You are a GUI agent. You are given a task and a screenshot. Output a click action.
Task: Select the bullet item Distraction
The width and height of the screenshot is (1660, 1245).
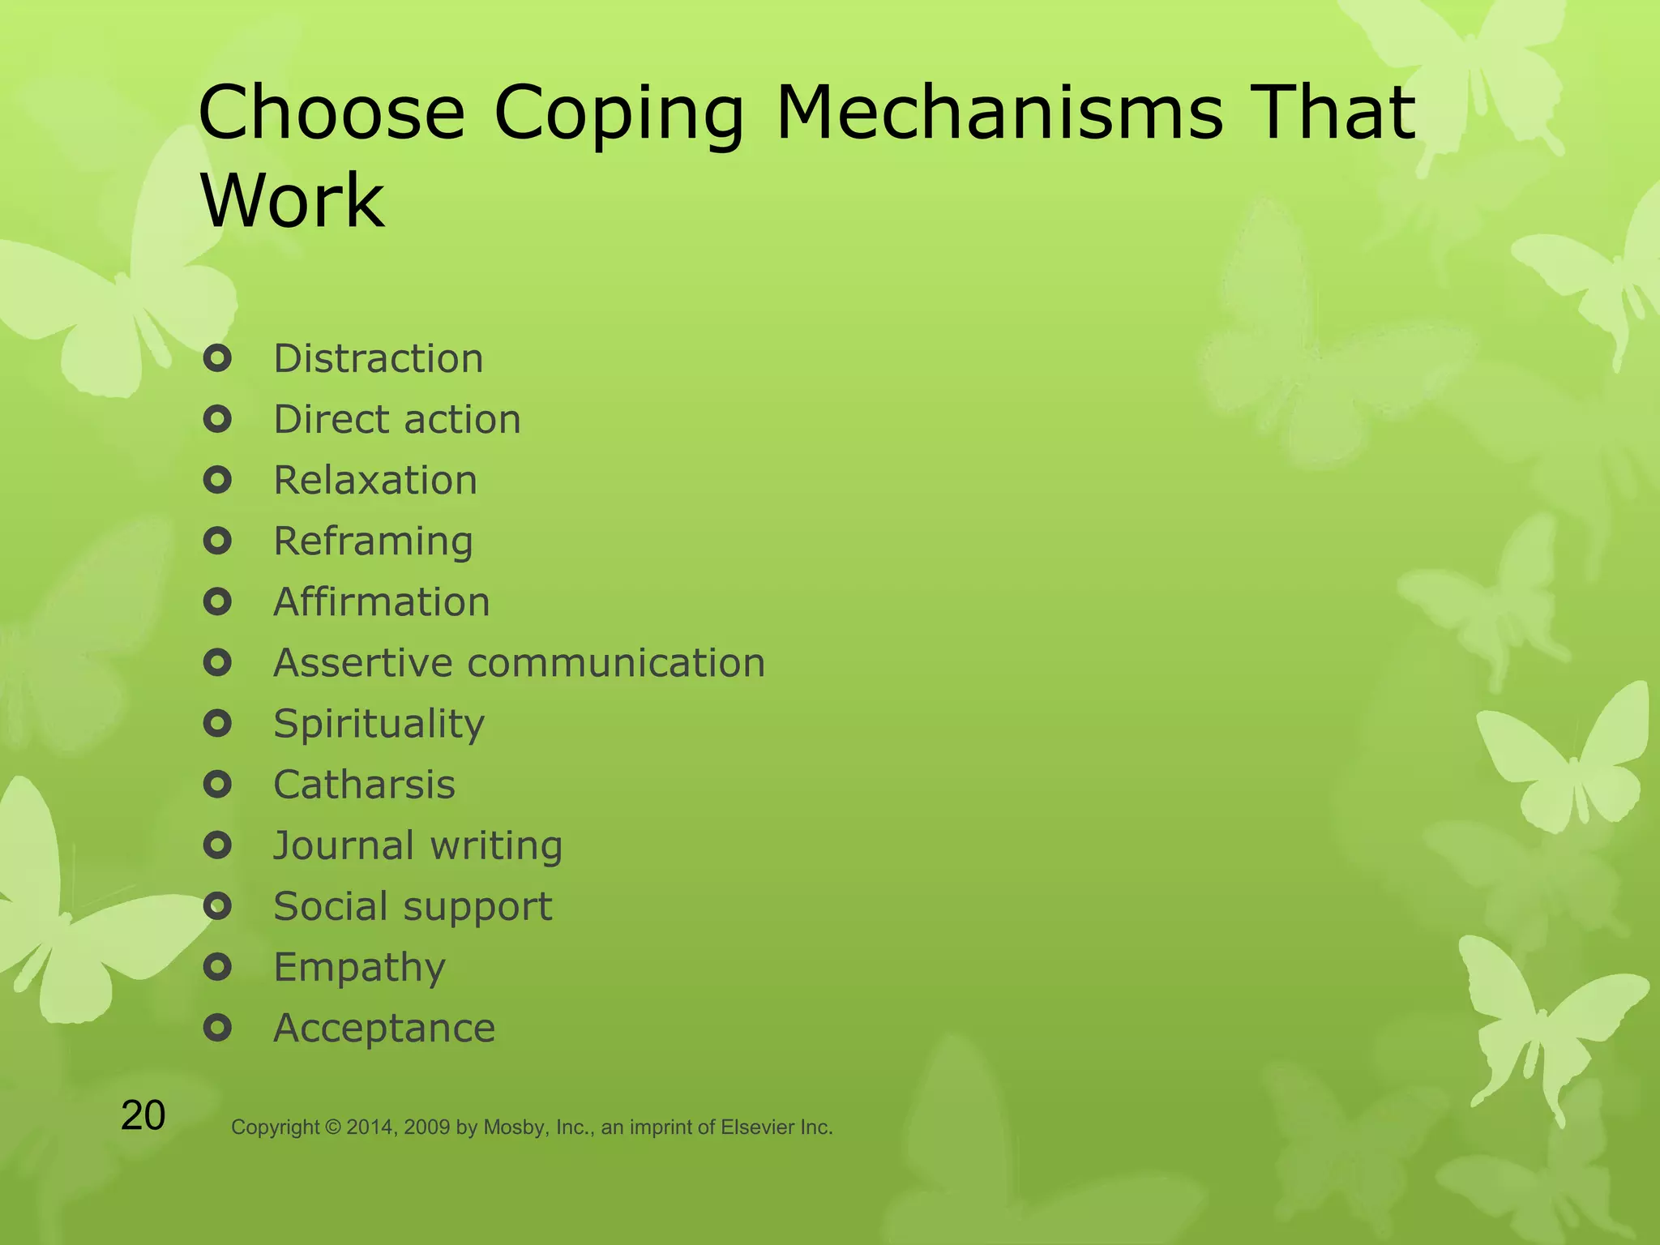click(379, 358)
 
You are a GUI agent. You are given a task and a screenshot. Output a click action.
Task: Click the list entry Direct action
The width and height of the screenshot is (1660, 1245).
click(397, 419)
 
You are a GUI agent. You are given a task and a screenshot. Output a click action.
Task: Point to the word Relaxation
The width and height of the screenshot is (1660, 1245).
click(375, 480)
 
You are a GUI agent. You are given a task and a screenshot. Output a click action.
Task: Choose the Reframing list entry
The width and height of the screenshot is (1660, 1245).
click(373, 541)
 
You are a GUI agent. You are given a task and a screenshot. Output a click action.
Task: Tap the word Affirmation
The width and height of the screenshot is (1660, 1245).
click(382, 602)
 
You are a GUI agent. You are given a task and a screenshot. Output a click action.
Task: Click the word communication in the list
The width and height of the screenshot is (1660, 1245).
click(616, 663)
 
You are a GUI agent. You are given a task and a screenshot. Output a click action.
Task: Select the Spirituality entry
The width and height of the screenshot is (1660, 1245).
click(379, 724)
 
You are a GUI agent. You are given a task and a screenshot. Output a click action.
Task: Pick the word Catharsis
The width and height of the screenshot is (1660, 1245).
click(365, 785)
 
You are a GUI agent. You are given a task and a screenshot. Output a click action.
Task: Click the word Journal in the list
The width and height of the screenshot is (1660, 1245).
click(344, 845)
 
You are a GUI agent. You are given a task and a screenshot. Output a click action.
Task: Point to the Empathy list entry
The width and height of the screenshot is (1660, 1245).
click(360, 968)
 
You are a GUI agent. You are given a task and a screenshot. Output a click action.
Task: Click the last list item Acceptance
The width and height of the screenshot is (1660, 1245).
click(384, 1029)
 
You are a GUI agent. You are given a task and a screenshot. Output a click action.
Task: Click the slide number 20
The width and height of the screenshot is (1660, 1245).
click(143, 1116)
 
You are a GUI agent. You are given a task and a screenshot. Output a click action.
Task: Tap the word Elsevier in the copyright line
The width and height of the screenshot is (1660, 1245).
click(758, 1127)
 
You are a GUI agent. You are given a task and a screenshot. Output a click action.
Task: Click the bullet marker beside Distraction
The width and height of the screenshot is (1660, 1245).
click(217, 358)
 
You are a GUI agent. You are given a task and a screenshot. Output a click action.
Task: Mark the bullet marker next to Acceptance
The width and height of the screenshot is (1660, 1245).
click(217, 1029)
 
